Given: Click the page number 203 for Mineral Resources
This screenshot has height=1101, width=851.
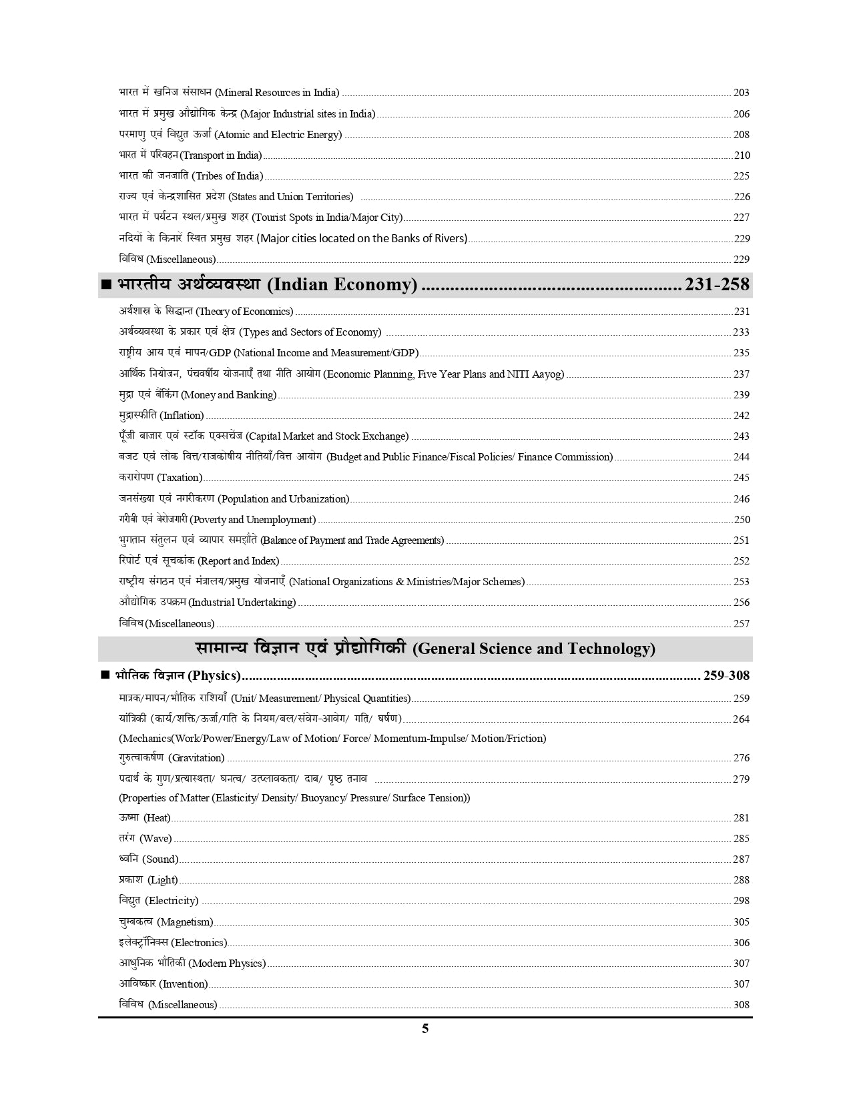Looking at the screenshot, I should point(741,93).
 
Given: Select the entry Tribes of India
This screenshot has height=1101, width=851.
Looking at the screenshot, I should point(191,176).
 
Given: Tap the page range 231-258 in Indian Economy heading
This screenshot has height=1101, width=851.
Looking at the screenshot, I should point(717,285).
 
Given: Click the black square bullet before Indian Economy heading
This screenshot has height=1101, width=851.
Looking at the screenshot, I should point(105,285).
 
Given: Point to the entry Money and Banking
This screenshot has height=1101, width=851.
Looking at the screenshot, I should point(198,395).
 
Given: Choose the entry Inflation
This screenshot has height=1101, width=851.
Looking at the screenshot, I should point(162,416).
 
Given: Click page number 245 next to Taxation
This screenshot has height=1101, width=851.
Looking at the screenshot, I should point(741,478).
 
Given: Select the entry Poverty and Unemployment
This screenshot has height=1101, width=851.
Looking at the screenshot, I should point(218,520).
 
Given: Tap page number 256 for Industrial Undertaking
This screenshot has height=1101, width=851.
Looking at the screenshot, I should point(741,603).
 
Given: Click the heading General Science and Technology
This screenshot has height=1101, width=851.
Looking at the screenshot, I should point(425,649).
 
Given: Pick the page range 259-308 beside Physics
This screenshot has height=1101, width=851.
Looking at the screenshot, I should point(726,676).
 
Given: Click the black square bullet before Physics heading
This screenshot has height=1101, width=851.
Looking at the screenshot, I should point(105,675).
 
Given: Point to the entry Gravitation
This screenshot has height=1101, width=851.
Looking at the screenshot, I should point(172,758).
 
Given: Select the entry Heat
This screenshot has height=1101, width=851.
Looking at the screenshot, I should point(145,818).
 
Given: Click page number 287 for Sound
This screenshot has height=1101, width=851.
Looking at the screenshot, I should point(741,859).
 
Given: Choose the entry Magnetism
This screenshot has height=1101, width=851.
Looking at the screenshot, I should point(166,922).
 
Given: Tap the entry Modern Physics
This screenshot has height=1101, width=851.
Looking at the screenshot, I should point(192,964).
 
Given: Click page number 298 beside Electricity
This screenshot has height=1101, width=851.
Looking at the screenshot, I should point(741,901).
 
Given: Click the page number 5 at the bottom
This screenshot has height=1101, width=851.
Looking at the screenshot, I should point(425,1028).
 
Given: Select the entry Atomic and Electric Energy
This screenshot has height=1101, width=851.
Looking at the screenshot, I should point(230,135).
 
